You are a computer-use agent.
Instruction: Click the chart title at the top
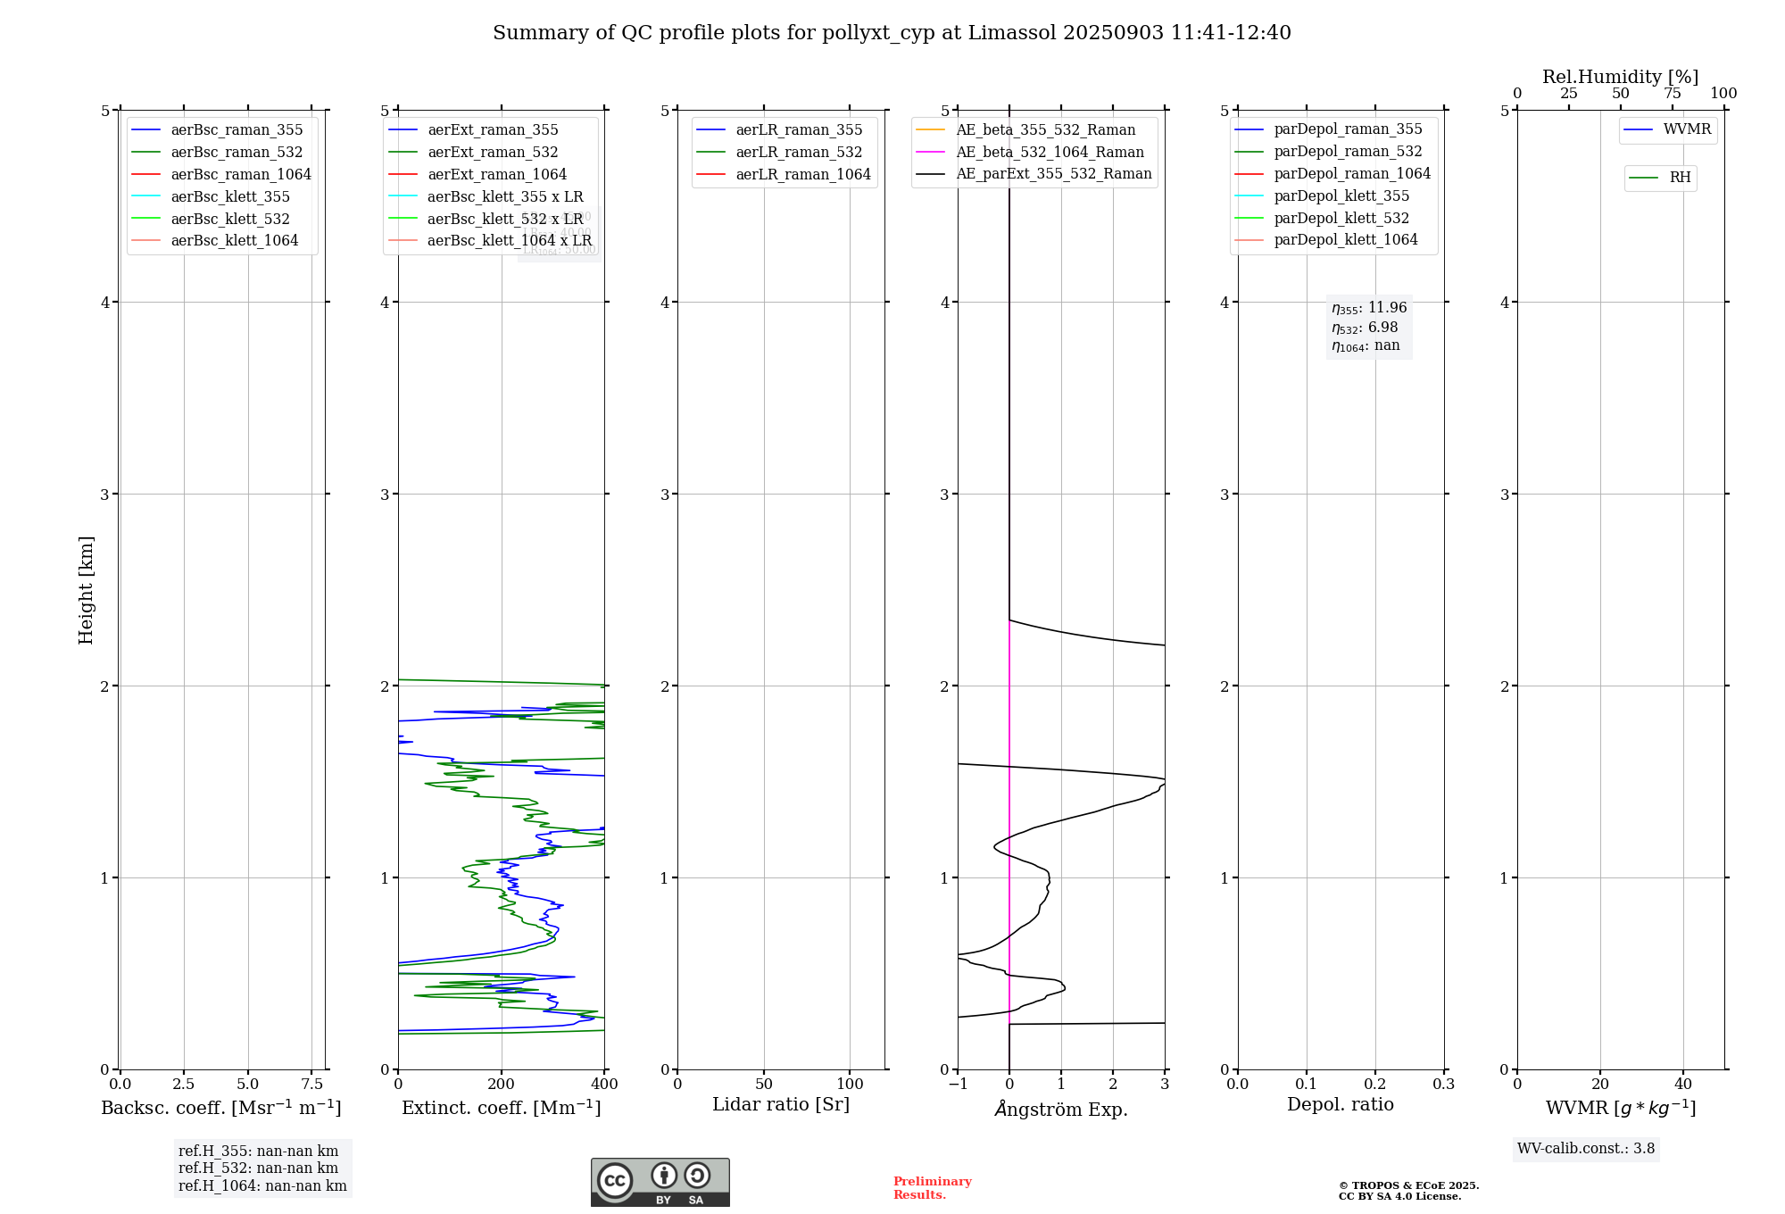coord(892,33)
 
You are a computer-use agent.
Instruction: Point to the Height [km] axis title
coord(86,590)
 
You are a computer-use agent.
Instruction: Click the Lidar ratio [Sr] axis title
coord(781,1104)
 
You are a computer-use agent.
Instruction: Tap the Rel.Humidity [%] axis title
coord(1620,77)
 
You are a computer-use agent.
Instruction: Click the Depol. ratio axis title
coord(1340,1104)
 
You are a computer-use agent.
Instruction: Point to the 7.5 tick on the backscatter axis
coord(311,1084)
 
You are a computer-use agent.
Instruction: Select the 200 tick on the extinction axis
coord(502,1084)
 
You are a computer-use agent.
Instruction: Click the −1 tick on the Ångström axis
coord(958,1084)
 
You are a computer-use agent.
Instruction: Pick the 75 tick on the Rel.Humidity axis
coord(1672,94)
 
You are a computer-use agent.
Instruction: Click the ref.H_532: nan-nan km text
coord(258,1168)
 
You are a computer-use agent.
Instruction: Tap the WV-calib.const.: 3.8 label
coord(1585,1148)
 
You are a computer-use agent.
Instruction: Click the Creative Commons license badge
coord(660,1182)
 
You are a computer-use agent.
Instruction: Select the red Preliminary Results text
coord(932,1187)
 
